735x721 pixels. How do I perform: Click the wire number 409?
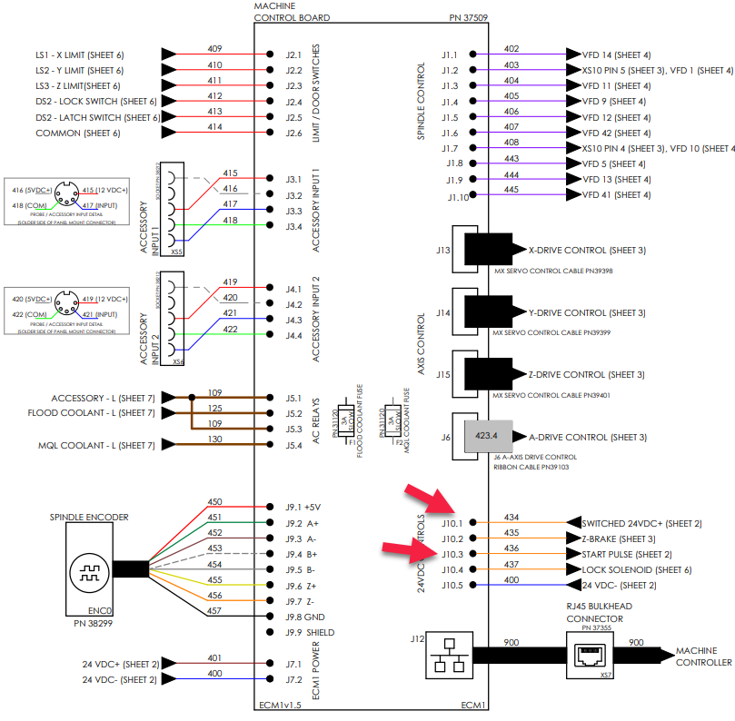215,48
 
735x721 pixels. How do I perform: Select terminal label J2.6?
293,133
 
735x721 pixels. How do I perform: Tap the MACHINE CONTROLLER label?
703,657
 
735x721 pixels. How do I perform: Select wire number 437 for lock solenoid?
512,564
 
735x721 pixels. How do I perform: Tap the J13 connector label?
443,250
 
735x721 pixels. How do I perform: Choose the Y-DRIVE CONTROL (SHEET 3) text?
587,312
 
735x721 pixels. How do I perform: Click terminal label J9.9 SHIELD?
305,632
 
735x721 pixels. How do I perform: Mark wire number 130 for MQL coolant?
215,440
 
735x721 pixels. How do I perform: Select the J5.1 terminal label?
293,397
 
